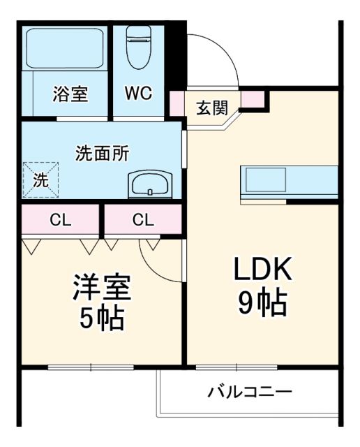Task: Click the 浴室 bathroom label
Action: pyautogui.click(x=70, y=94)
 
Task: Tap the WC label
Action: pyautogui.click(x=139, y=94)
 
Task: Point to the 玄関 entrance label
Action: pyautogui.click(x=211, y=108)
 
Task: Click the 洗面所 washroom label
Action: pyautogui.click(x=102, y=154)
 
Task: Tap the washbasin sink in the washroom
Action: pyautogui.click(x=149, y=185)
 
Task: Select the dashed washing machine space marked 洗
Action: pyautogui.click(x=40, y=179)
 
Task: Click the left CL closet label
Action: pyautogui.click(x=60, y=221)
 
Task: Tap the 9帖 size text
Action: pyautogui.click(x=262, y=302)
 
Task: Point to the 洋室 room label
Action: pyautogui.click(x=102, y=288)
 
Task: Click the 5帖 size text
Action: pyautogui.click(x=102, y=319)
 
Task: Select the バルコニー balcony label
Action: pyautogui.click(x=250, y=392)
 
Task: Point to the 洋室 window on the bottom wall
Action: pyautogui.click(x=91, y=365)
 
